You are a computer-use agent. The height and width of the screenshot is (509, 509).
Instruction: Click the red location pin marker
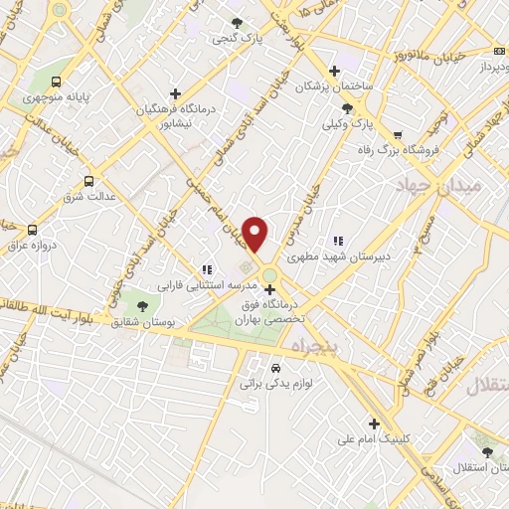coord(255,234)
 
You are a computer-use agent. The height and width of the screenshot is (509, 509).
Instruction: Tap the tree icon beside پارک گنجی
coord(236,22)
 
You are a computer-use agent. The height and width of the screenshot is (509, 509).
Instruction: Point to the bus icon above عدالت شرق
coord(89,181)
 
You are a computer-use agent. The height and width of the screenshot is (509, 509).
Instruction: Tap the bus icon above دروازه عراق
coord(33,229)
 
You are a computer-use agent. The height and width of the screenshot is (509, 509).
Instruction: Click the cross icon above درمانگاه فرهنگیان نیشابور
coord(176,93)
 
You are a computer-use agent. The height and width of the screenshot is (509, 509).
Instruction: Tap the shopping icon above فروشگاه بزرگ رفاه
coord(399,135)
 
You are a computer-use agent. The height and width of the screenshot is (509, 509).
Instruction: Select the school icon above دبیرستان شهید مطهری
coord(337,240)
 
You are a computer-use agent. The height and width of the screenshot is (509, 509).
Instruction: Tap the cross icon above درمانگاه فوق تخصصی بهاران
coord(269,290)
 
